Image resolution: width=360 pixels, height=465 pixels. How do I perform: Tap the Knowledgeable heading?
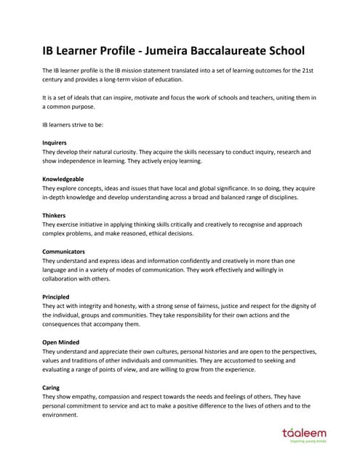click(63, 179)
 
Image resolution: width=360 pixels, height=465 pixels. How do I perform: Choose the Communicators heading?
click(64, 251)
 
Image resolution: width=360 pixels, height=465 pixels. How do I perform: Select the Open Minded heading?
click(61, 341)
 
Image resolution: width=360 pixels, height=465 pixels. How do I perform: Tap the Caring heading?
click(51, 387)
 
